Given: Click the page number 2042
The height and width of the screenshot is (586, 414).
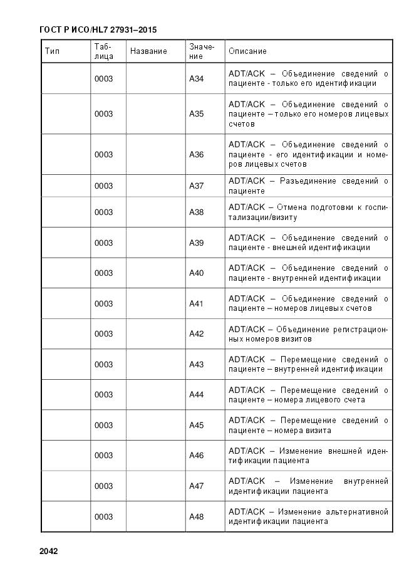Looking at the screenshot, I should click(x=48, y=552).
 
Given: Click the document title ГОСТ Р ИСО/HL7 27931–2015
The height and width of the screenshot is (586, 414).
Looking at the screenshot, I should click(x=98, y=29).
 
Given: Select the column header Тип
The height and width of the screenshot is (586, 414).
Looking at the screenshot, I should click(x=52, y=51).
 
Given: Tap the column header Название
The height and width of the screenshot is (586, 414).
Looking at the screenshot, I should click(x=148, y=51).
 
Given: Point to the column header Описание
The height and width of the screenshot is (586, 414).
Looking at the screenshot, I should click(x=247, y=51).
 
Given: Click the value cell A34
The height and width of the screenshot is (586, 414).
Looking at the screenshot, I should click(x=197, y=78).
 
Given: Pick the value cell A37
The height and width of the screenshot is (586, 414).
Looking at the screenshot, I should click(x=197, y=186).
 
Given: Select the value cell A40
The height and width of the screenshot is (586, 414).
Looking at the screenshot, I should click(x=197, y=273).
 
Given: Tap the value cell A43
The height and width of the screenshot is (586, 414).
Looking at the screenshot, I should click(x=197, y=365).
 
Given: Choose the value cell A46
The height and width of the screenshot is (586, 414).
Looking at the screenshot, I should click(x=197, y=456).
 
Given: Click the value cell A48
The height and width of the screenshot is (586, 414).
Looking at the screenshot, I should click(x=197, y=517).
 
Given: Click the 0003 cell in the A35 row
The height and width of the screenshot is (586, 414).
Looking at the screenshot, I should click(x=104, y=114).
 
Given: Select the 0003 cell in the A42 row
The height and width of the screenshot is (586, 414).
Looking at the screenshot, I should click(x=104, y=334).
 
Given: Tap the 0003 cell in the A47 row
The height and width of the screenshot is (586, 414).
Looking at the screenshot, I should click(x=104, y=486).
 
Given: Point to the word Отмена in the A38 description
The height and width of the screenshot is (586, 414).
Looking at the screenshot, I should click(x=291, y=207).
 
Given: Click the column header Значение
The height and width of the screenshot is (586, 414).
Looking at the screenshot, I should click(x=201, y=51).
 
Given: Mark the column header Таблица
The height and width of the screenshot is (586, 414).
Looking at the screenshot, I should click(x=104, y=51).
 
